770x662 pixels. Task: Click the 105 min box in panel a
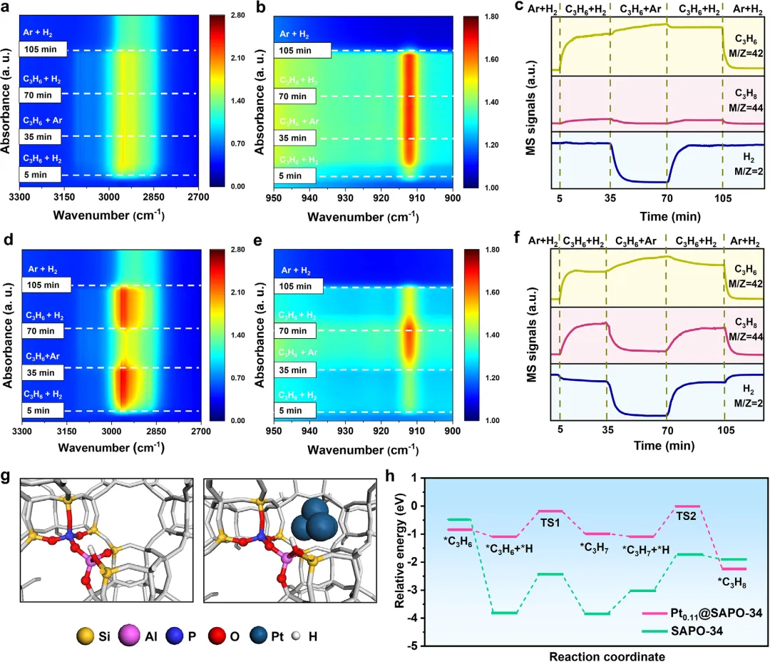43,49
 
